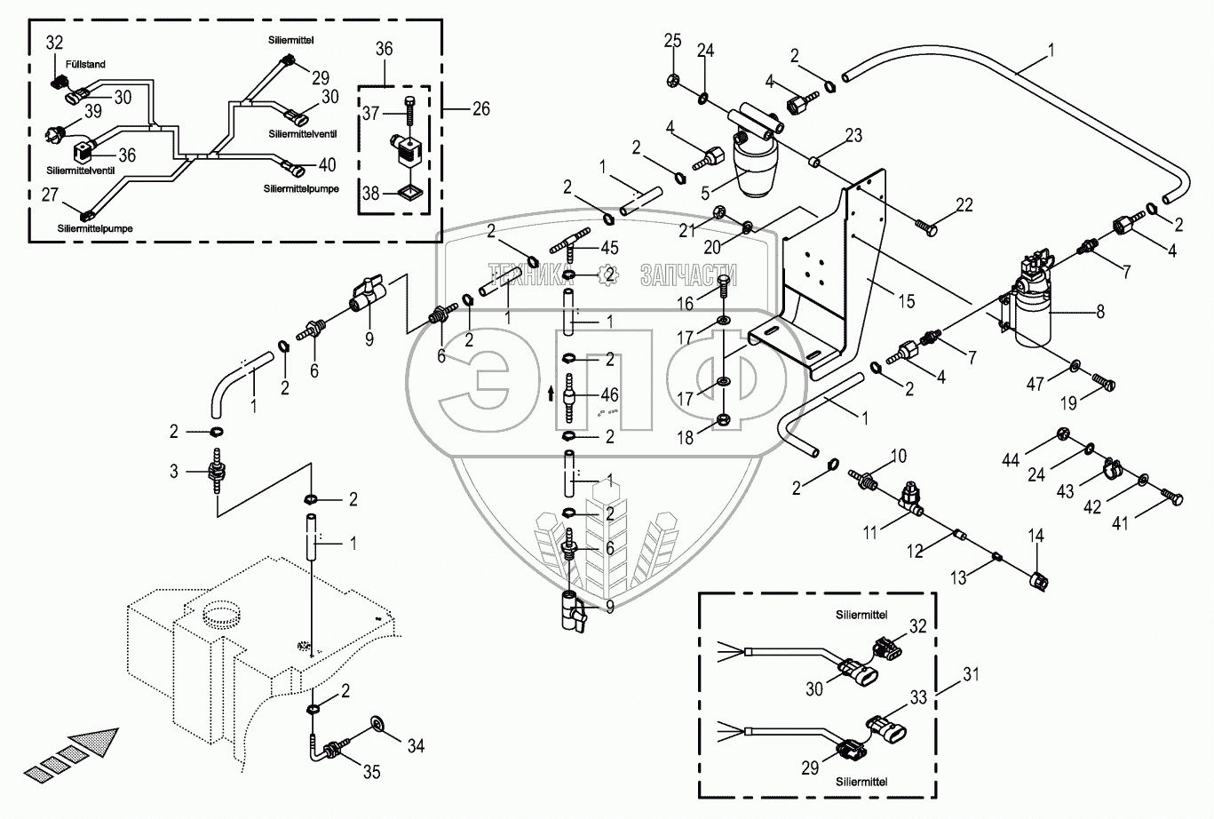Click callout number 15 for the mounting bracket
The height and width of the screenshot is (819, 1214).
[x=905, y=302]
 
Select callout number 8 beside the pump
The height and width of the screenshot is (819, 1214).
[x=1101, y=312]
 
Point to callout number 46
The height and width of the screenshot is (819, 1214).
[x=610, y=394]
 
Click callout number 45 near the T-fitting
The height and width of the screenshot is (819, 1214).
[x=610, y=249]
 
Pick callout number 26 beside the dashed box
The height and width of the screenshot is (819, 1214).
[x=481, y=109]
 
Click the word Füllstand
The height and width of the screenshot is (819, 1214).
[x=85, y=65]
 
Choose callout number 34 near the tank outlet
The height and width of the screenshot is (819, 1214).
[x=415, y=746]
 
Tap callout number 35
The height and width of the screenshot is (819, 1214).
[x=371, y=772]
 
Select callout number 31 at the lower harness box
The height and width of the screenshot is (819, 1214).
[x=972, y=674]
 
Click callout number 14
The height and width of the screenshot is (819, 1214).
[x=1036, y=536]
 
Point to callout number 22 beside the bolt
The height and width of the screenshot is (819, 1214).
[x=964, y=204]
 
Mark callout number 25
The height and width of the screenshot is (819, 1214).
[x=672, y=41]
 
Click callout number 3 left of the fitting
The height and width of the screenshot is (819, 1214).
[x=175, y=470]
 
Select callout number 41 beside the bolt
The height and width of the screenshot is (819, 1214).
[x=1120, y=523]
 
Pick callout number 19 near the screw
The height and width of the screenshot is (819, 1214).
[x=1068, y=402]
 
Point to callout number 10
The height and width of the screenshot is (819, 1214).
[x=899, y=457]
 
